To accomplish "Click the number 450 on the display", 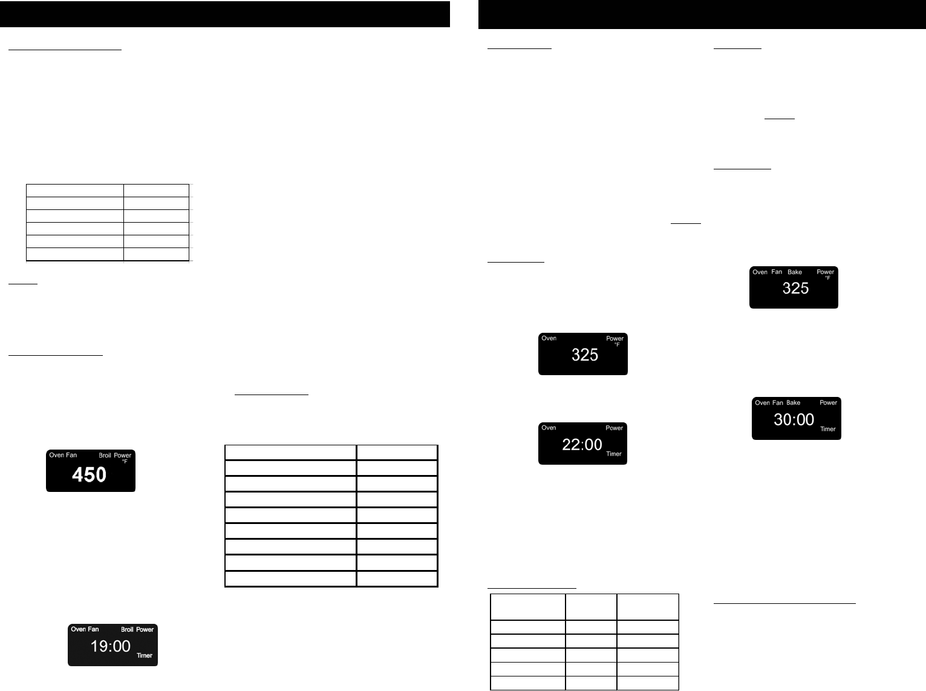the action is tap(89, 475).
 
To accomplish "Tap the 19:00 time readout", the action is tap(110, 646).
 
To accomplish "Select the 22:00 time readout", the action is tap(582, 445).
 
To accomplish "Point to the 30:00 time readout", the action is tap(794, 419).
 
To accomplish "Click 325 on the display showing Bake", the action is tap(795, 289).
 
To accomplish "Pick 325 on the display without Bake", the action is tap(584, 355).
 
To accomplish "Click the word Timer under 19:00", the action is tap(144, 655).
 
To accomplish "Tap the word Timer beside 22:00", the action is tap(613, 454).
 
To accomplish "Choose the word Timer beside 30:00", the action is tap(827, 429).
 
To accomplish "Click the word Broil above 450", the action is tap(105, 455).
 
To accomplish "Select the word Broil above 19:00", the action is tap(127, 629).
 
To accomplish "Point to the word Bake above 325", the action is tap(794, 272).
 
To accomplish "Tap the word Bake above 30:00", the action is tap(793, 403).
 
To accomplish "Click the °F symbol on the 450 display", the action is tap(125, 462).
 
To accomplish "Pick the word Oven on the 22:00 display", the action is tap(549, 428).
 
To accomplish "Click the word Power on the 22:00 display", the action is tap(614, 428).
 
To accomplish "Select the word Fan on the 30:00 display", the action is tap(777, 403).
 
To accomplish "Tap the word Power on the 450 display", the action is tap(123, 455).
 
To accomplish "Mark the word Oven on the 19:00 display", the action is tap(78, 629).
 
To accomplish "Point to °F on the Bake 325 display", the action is tap(827, 278).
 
